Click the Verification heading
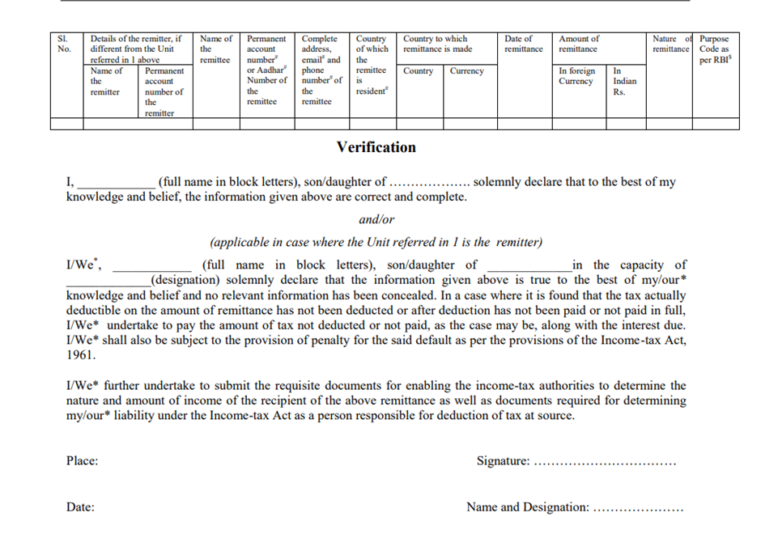[376, 147]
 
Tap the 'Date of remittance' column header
[523, 44]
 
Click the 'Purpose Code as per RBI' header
[714, 49]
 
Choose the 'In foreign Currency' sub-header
[576, 76]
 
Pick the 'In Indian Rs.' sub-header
[624, 81]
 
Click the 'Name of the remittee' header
[215, 49]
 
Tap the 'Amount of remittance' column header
[579, 44]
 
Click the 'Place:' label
[82, 461]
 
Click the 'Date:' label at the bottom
[80, 507]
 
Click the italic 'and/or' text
[376, 219]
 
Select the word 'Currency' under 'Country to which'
[466, 71]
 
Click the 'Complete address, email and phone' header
[321, 70]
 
